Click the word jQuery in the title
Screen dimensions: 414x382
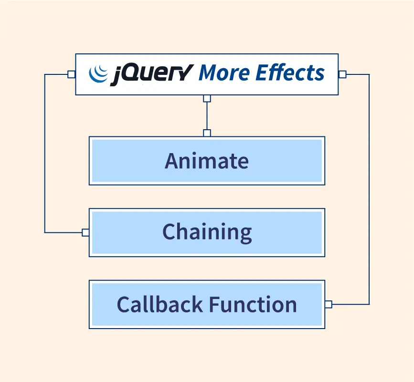(x=152, y=74)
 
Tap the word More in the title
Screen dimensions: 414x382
(x=224, y=72)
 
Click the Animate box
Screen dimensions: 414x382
(x=207, y=161)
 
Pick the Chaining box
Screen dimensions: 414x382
(x=207, y=233)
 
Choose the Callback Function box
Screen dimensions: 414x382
(x=207, y=304)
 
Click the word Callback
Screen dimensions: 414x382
(x=160, y=304)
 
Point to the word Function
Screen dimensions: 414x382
(x=253, y=304)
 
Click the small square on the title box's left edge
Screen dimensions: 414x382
(x=72, y=74)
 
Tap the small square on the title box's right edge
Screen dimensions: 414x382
(x=342, y=74)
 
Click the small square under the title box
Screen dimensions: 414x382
(x=207, y=99)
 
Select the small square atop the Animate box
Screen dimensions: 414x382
(x=207, y=133)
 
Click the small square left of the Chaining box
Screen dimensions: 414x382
(x=85, y=233)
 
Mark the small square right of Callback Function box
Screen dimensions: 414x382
(x=329, y=304)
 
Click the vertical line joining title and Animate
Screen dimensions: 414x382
(x=207, y=116)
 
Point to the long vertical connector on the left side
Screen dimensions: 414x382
(x=44, y=154)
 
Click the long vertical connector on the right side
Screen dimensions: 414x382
(x=369, y=189)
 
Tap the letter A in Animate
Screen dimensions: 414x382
(x=172, y=161)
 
